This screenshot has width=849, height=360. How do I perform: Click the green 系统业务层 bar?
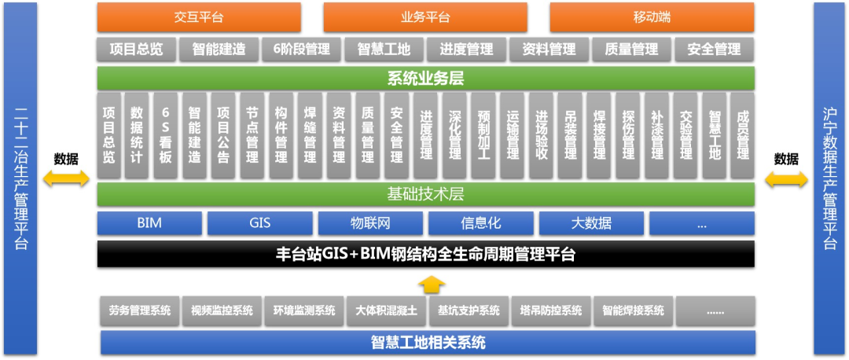(x=425, y=78)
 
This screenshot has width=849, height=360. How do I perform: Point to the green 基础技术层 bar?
(x=425, y=193)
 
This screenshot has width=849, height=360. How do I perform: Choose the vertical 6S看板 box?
(x=165, y=135)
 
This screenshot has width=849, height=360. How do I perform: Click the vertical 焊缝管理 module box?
(x=311, y=135)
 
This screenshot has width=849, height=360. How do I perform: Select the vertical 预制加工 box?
(x=483, y=135)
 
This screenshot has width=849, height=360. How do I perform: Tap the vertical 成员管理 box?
(x=741, y=135)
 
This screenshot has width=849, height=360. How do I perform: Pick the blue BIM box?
(x=149, y=223)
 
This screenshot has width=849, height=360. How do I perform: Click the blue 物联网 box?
(x=370, y=223)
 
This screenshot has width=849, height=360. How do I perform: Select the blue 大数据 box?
(x=591, y=223)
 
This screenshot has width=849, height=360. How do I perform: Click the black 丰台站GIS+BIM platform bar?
(x=425, y=254)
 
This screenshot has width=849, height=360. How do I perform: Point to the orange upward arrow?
(x=426, y=282)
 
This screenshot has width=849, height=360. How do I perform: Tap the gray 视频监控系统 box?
(x=222, y=310)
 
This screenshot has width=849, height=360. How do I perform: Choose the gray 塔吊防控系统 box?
(x=550, y=310)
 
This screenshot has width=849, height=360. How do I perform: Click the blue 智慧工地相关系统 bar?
(x=428, y=343)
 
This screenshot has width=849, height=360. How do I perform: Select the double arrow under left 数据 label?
(x=66, y=179)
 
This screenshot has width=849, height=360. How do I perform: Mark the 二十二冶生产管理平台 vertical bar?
(x=20, y=179)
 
